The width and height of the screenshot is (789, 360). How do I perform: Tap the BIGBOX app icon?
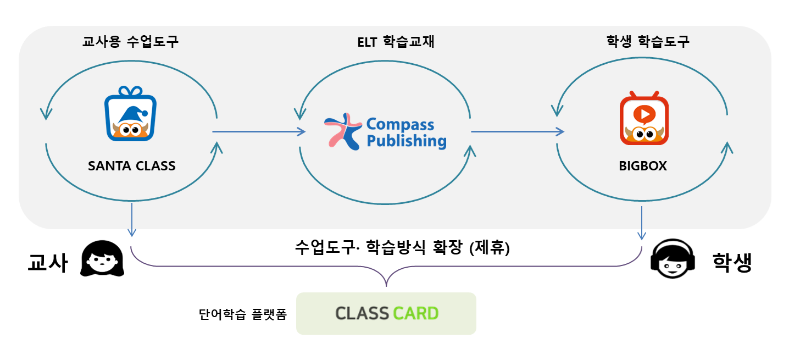coord(644,118)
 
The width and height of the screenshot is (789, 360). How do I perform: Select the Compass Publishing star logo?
coord(342,131)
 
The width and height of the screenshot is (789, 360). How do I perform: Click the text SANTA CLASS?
coord(132,165)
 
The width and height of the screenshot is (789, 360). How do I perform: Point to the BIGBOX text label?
coord(643,165)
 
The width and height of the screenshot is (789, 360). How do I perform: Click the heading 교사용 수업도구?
coord(130,42)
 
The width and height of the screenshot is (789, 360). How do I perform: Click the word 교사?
coord(48,263)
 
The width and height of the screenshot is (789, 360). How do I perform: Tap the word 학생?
coord(732,262)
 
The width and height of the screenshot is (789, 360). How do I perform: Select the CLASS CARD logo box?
coord(386,313)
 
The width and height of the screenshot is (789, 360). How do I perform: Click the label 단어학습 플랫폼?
coord(242,315)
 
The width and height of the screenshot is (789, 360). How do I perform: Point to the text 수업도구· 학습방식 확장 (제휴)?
coord(402,247)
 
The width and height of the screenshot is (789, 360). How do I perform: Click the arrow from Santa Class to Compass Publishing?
coord(258,131)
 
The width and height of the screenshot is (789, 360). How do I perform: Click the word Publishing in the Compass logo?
coord(406,141)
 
